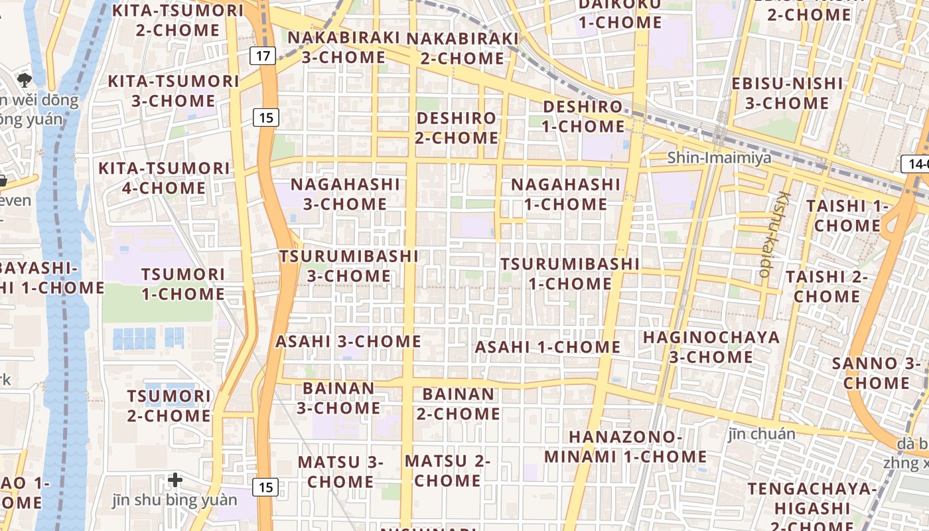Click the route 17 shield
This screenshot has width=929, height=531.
click(263, 56)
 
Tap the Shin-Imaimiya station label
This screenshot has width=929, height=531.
click(719, 158)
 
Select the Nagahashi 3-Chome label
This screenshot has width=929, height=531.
click(345, 194)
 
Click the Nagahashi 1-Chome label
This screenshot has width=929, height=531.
click(565, 194)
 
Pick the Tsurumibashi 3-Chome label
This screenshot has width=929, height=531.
click(349, 265)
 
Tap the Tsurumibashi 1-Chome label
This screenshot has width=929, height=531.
click(570, 273)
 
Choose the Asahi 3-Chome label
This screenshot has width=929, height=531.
click(348, 342)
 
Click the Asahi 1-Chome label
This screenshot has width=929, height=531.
click(547, 347)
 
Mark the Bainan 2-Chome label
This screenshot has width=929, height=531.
click(458, 404)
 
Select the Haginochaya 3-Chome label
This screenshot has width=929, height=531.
click(711, 346)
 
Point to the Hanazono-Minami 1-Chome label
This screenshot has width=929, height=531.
click(625, 447)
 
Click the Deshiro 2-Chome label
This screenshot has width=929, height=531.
click(457, 128)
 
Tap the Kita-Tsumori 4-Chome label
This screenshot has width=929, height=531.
click(164, 178)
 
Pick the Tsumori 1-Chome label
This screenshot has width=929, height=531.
click(182, 284)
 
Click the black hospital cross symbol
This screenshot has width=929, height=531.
click(175, 479)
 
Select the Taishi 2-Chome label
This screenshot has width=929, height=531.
click(826, 286)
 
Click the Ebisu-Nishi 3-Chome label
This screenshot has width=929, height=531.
click(786, 94)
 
